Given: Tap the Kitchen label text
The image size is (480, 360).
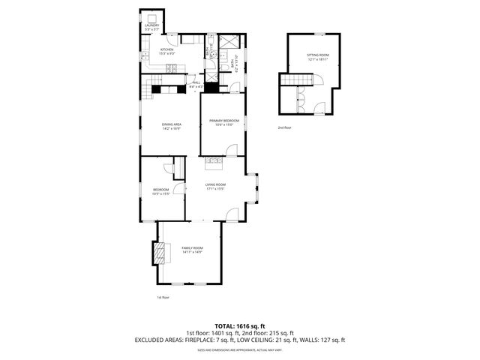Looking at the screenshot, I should point(166,49).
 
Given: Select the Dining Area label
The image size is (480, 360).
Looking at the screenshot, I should point(172,124).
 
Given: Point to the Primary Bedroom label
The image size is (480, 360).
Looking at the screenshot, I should point(224,121).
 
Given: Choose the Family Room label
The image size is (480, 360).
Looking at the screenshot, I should point(193,247).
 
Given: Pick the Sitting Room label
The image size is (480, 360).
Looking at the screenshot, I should point(318,55).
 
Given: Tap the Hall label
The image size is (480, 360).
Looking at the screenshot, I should point(196,84).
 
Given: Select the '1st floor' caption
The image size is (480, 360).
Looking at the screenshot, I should point(163,298).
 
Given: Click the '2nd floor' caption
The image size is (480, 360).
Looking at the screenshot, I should point(285,128).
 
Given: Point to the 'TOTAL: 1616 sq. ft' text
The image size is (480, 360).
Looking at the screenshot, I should point(240,326).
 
